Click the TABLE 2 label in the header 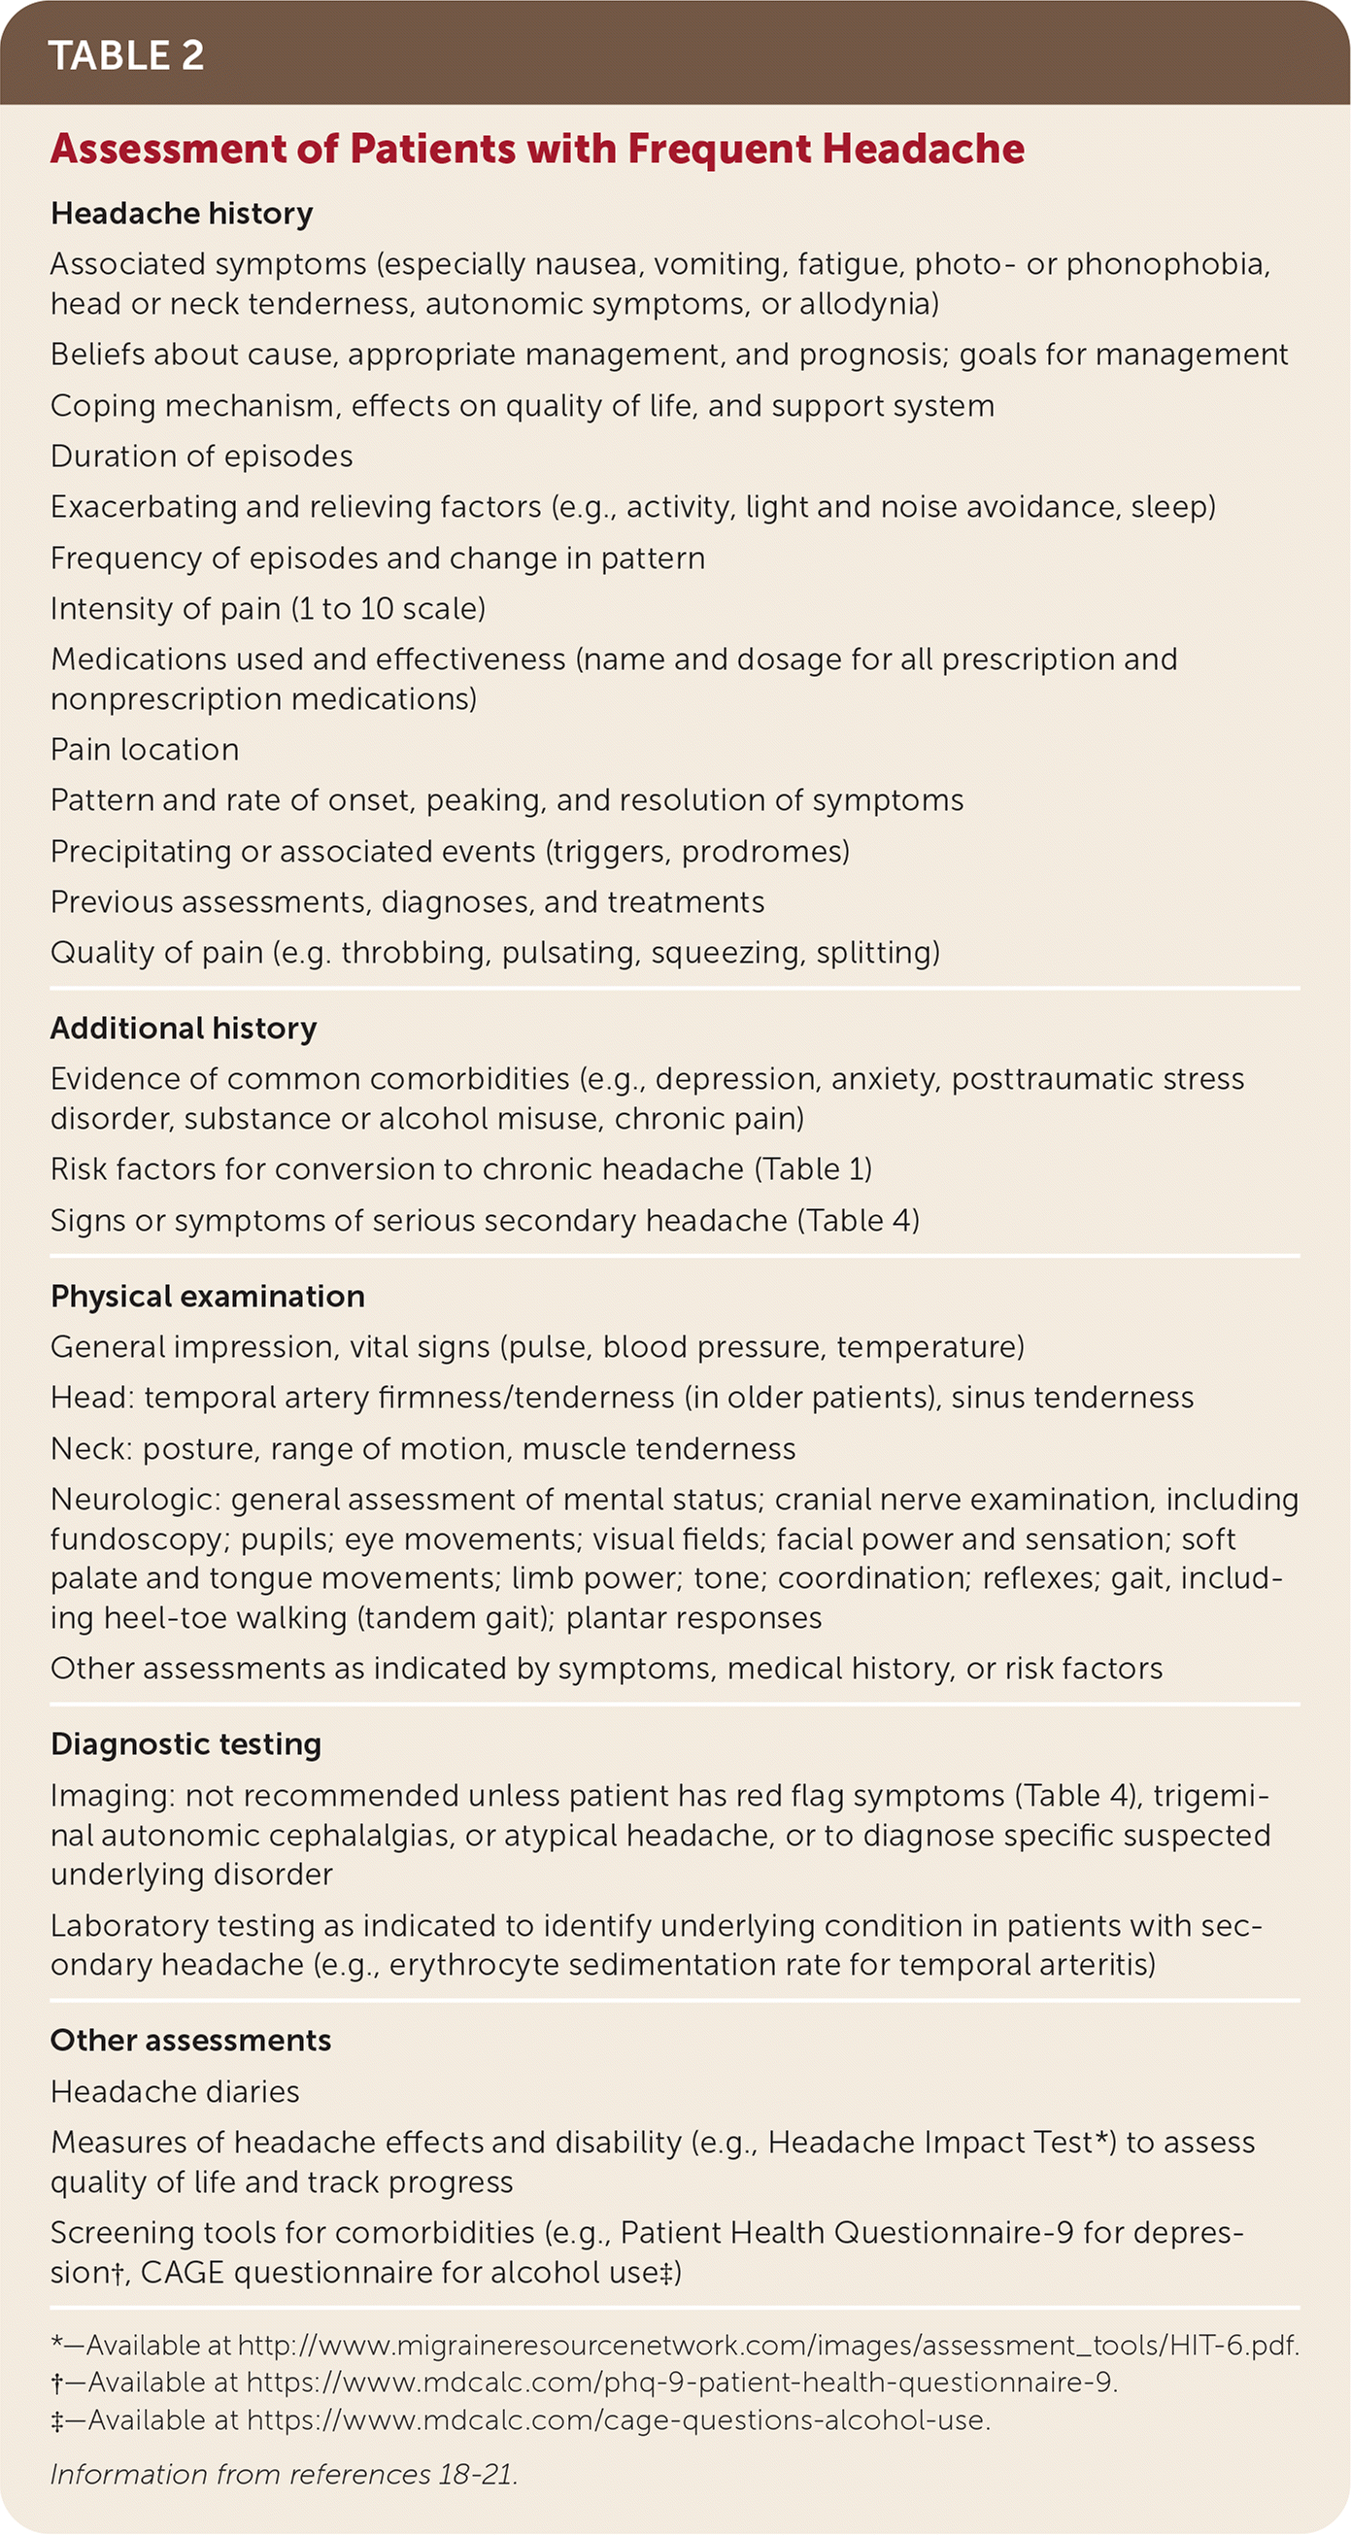pyautogui.click(x=126, y=55)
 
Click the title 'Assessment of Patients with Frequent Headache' pyautogui.click(x=537, y=149)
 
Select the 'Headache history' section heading pyautogui.click(x=182, y=214)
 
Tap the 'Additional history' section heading pyautogui.click(x=184, y=1029)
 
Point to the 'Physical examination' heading pyautogui.click(x=208, y=1296)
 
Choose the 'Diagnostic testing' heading pyautogui.click(x=186, y=1743)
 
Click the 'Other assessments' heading pyautogui.click(x=191, y=2040)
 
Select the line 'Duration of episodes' pyautogui.click(x=202, y=456)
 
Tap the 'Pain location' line pyautogui.click(x=145, y=750)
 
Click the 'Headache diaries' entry pyautogui.click(x=175, y=2091)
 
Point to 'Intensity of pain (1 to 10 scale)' pyautogui.click(x=268, y=608)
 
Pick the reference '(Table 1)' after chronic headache pyautogui.click(x=813, y=1169)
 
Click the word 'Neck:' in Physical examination pyautogui.click(x=90, y=1448)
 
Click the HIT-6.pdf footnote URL pyautogui.click(x=768, y=2345)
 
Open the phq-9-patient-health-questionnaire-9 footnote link pyautogui.click(x=682, y=2383)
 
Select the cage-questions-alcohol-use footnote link pyautogui.click(x=618, y=2419)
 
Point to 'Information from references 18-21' pyautogui.click(x=284, y=2474)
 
